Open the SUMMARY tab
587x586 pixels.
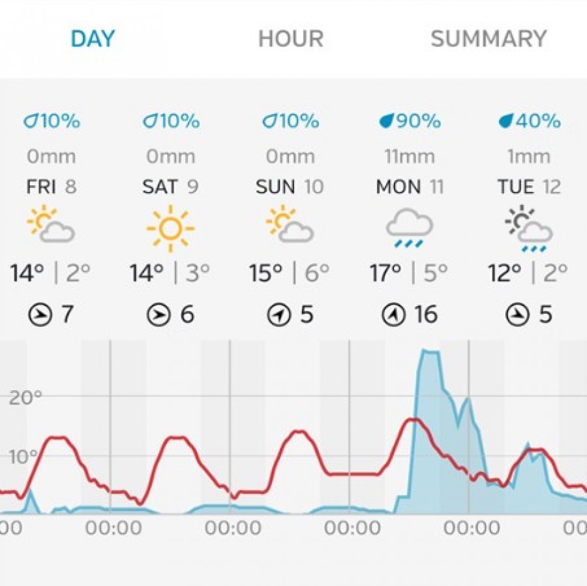pos(489,39)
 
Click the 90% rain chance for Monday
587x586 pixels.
pos(410,121)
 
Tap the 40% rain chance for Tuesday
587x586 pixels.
pos(529,121)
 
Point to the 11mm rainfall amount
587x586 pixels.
pos(410,157)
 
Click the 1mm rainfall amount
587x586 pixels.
pos(529,157)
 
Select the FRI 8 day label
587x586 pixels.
pos(52,187)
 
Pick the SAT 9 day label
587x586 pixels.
pos(170,187)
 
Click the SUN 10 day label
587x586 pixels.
pos(290,187)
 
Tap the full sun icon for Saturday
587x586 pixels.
pos(170,228)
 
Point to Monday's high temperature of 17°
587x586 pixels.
pos(385,273)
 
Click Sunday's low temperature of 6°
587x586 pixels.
pos(317,273)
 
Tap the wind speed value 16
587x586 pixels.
pos(425,315)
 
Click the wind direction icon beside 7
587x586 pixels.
pos(40,316)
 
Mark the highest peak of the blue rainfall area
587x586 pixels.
pos(429,351)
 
